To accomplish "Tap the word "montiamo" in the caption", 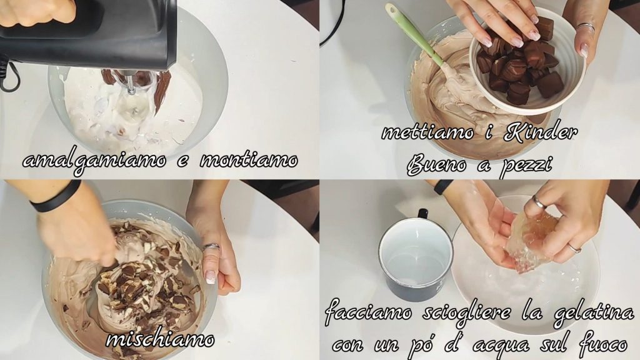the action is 249,160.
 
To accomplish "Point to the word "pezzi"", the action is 526,166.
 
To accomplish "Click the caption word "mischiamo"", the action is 161,339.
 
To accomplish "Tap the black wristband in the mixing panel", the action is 56,197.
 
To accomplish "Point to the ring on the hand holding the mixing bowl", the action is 211,247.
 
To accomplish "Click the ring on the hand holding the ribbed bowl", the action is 586,27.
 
